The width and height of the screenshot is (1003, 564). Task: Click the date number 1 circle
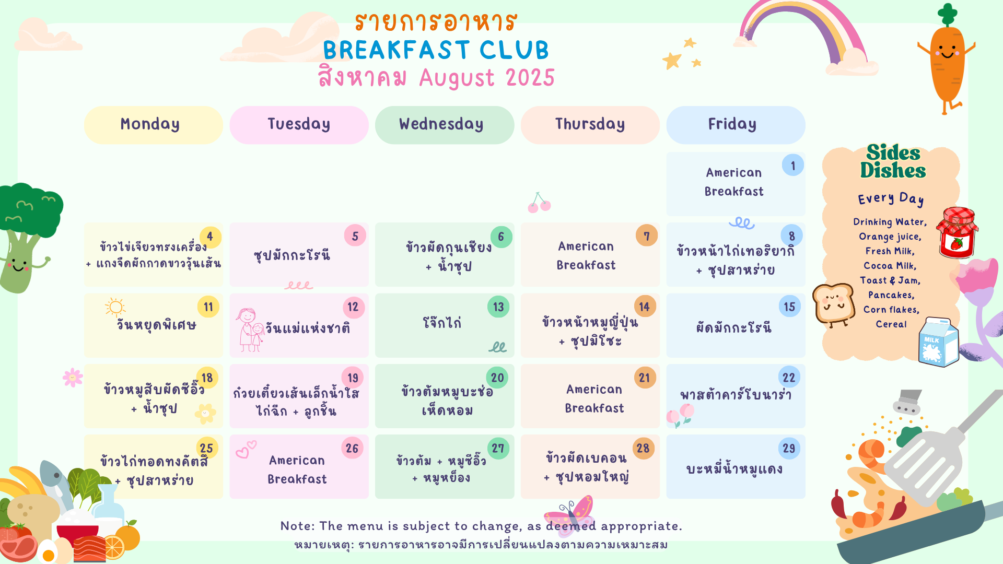point(793,166)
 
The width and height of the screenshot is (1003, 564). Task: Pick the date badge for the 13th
point(498,307)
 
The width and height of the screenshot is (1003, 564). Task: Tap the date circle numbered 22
point(789,378)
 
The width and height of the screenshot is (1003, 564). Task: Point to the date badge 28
point(643,448)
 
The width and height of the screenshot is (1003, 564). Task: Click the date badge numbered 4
point(210,236)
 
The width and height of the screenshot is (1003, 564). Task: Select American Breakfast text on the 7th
point(586,255)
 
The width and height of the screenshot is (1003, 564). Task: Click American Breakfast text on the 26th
point(297,469)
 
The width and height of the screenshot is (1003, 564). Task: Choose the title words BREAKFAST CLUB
point(436,50)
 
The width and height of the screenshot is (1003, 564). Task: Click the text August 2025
point(487,78)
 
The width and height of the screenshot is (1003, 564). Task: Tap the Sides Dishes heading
point(893,161)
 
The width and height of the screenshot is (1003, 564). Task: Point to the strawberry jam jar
point(958,232)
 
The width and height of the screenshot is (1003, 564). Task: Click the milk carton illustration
point(938,342)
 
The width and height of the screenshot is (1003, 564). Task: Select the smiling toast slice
point(833,304)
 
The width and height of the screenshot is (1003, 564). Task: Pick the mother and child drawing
point(249,330)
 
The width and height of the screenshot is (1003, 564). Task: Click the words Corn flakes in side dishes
point(891,310)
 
